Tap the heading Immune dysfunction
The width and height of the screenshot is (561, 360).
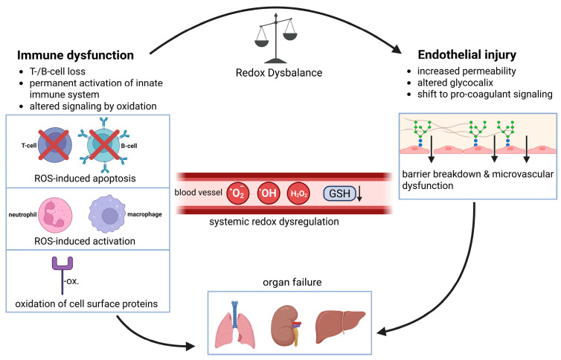pyautogui.click(x=75, y=55)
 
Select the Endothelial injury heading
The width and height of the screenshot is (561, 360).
pyautogui.click(x=467, y=55)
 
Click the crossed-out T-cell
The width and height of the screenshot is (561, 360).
pyautogui.click(x=54, y=145)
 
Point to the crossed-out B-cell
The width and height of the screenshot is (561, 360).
pyautogui.click(x=104, y=145)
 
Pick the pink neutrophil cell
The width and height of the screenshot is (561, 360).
pyautogui.click(x=55, y=215)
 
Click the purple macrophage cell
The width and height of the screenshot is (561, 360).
pyautogui.click(x=107, y=213)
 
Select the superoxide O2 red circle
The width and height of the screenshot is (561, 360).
pyautogui.click(x=238, y=193)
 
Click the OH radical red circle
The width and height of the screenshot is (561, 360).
pyautogui.click(x=269, y=193)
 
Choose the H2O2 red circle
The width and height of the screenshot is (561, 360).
pyautogui.click(x=299, y=193)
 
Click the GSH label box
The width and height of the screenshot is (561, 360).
pyautogui.click(x=339, y=193)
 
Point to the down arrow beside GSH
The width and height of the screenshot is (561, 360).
pyautogui.click(x=359, y=193)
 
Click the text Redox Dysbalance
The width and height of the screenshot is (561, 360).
pyautogui.click(x=279, y=73)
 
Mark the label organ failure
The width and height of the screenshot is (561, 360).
pyautogui.click(x=292, y=283)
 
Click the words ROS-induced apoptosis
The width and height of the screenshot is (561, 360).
pyautogui.click(x=85, y=179)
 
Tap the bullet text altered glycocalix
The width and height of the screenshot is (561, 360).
pyautogui.click(x=455, y=83)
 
